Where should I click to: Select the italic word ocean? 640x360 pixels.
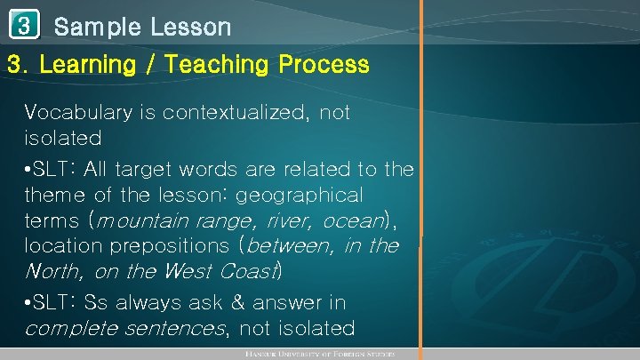click(x=351, y=220)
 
